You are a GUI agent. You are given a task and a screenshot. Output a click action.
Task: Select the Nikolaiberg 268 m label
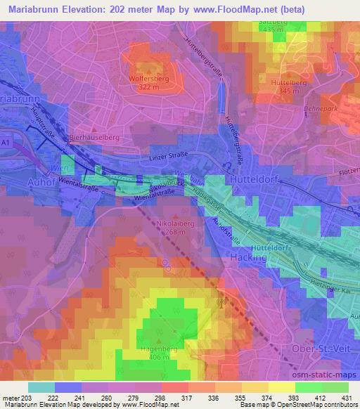[172, 231]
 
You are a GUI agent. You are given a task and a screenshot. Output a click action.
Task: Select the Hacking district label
[249, 258]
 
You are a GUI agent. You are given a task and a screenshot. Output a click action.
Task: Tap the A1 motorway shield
[6, 142]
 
